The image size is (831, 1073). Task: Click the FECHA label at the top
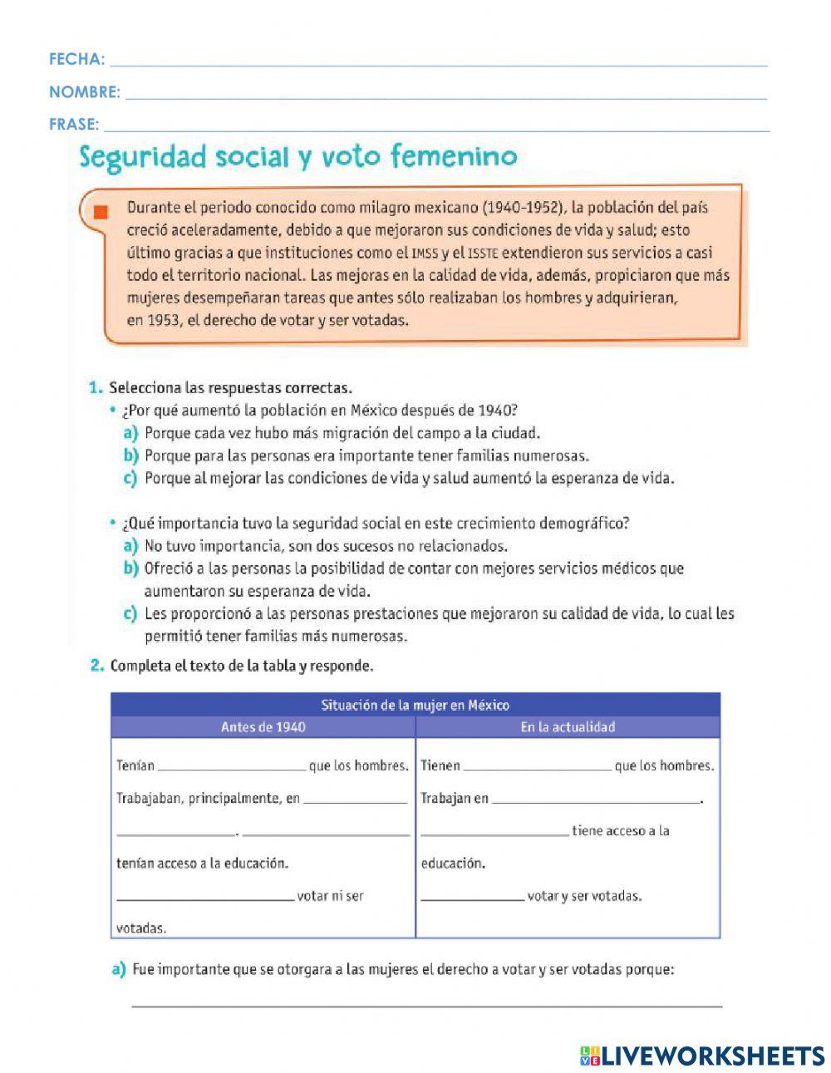click(x=76, y=59)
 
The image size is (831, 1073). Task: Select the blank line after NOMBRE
click(x=445, y=94)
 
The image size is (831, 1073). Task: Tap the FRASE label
click(x=73, y=125)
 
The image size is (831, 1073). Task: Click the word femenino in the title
click(x=454, y=156)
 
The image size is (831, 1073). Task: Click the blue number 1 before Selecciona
click(x=95, y=388)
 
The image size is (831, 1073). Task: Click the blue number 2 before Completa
click(x=96, y=666)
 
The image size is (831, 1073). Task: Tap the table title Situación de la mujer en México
click(x=415, y=705)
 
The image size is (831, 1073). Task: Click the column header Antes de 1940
click(x=263, y=727)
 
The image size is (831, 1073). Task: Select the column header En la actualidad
click(x=568, y=727)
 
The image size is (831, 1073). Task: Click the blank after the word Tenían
click(x=231, y=766)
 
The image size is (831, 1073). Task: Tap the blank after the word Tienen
click(x=536, y=766)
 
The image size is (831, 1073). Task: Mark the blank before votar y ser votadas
click(x=472, y=897)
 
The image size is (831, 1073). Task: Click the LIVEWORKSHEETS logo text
click(x=712, y=1056)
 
